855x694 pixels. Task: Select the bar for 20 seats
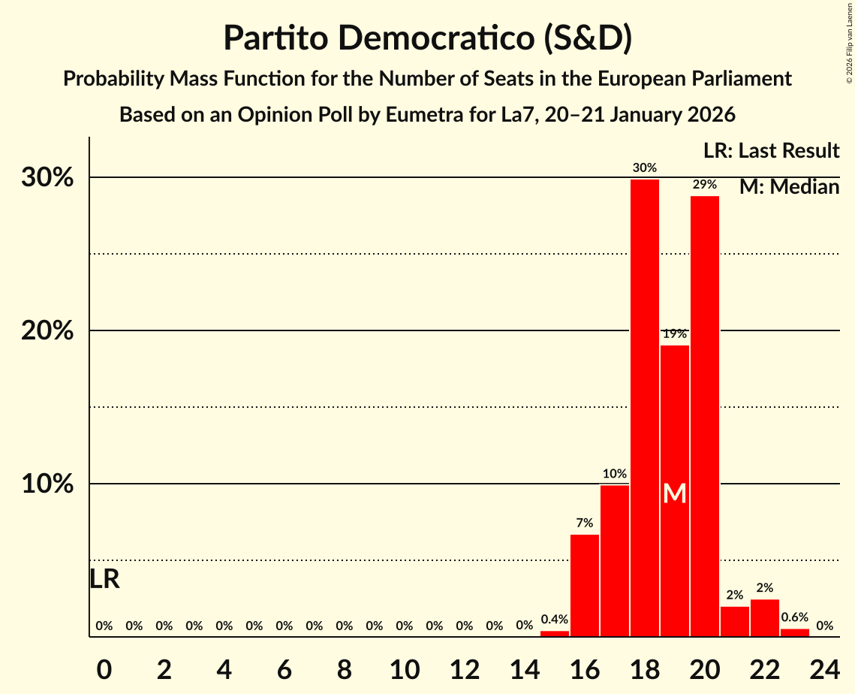pyautogui.click(x=705, y=416)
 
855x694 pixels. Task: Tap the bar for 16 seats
pyautogui.click(x=585, y=585)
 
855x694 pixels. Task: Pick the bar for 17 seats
pyautogui.click(x=615, y=560)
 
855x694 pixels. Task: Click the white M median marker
pyautogui.click(x=675, y=493)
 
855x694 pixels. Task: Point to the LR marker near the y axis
pyautogui.click(x=104, y=579)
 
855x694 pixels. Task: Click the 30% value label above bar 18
pyautogui.click(x=645, y=167)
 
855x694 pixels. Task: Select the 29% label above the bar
pyautogui.click(x=705, y=184)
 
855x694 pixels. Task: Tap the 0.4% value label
pyautogui.click(x=555, y=620)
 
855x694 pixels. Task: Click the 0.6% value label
pyautogui.click(x=795, y=617)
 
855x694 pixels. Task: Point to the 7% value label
pyautogui.click(x=585, y=523)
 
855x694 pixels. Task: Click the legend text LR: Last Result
pyautogui.click(x=771, y=151)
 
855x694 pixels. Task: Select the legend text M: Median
pyautogui.click(x=789, y=186)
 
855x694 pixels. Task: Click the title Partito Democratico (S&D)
pyautogui.click(x=427, y=38)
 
